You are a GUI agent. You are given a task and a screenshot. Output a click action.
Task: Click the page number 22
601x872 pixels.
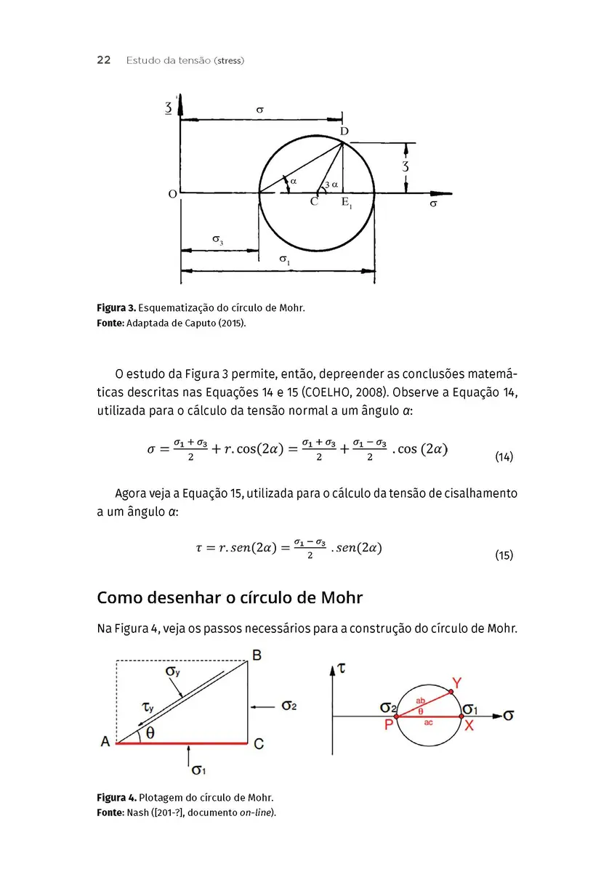(x=103, y=60)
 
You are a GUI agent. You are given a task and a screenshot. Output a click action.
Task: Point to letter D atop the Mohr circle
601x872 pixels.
(x=344, y=131)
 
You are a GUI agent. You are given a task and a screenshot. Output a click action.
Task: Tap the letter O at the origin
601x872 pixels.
(x=172, y=194)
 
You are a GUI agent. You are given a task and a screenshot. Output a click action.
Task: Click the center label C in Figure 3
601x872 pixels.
(x=314, y=202)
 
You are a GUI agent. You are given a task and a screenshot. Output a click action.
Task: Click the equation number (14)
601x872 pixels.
(x=504, y=457)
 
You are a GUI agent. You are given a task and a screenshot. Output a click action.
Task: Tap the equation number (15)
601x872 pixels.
(x=504, y=555)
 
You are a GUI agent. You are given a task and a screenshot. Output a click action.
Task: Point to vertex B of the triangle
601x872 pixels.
(x=257, y=655)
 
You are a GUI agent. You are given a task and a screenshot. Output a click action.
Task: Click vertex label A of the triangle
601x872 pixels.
(x=105, y=743)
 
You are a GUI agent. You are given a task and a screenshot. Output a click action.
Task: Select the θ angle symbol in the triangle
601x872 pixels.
(x=150, y=733)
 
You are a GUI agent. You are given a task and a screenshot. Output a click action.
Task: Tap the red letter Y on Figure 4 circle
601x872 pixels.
(x=456, y=682)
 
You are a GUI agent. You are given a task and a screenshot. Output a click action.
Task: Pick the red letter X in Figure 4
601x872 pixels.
(x=469, y=725)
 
